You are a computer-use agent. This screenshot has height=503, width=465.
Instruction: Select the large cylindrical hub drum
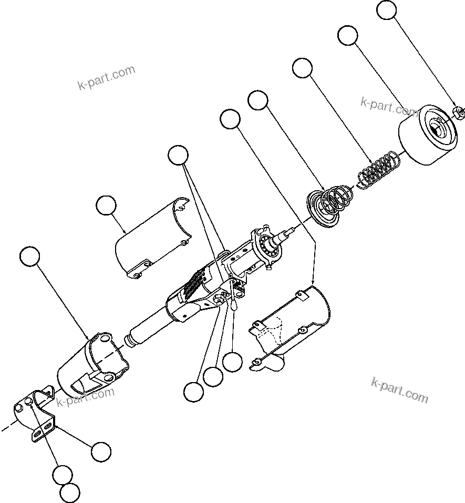click(428, 137)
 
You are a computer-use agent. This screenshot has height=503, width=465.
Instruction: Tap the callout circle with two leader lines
click(178, 156)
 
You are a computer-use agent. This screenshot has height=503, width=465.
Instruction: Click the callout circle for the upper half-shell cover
click(107, 206)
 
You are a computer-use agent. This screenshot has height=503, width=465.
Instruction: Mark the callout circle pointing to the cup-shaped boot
click(29, 256)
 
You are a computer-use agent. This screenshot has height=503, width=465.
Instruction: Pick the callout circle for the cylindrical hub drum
click(347, 36)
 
